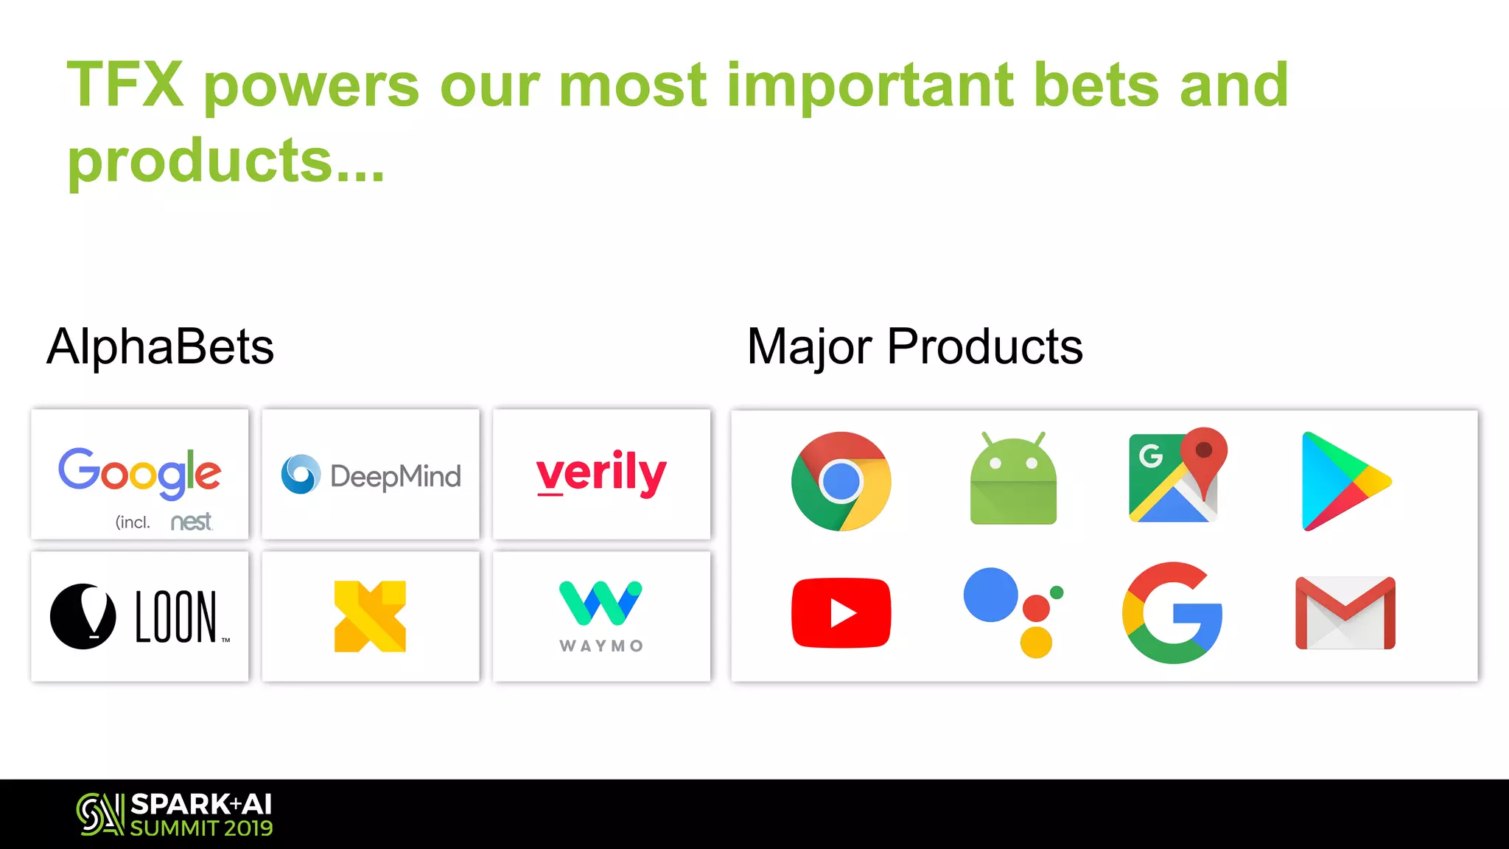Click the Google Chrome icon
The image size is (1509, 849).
point(841,481)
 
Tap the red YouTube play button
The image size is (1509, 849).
point(841,613)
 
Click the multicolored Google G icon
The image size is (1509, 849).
point(1172,613)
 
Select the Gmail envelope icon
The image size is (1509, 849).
point(1345,613)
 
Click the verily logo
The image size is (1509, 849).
point(601,474)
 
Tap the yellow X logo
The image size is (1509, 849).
point(370,616)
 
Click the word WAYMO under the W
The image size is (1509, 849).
point(601,646)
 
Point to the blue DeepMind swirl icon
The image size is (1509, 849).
point(301,474)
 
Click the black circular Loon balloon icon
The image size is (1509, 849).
point(83,616)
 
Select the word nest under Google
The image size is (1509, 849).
point(191,522)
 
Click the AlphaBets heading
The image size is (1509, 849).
point(160,346)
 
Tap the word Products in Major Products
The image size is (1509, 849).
point(984,346)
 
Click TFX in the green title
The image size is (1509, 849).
point(125,85)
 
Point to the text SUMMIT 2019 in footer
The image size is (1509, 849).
point(201,828)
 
